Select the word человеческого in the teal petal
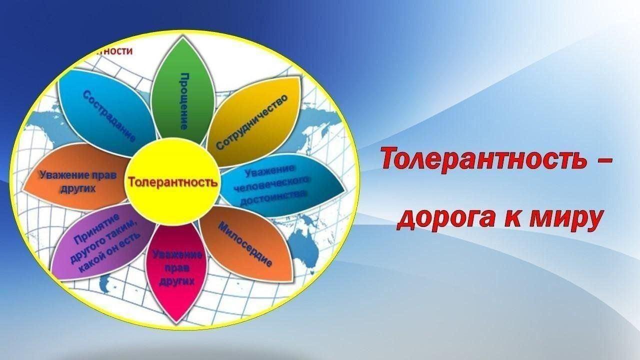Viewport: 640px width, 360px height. [273, 184]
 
